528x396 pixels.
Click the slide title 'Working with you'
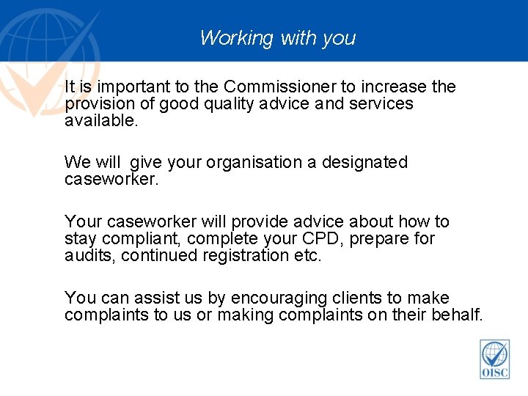click(277, 37)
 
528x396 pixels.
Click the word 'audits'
click(89, 255)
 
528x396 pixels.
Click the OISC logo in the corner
click(495, 359)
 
